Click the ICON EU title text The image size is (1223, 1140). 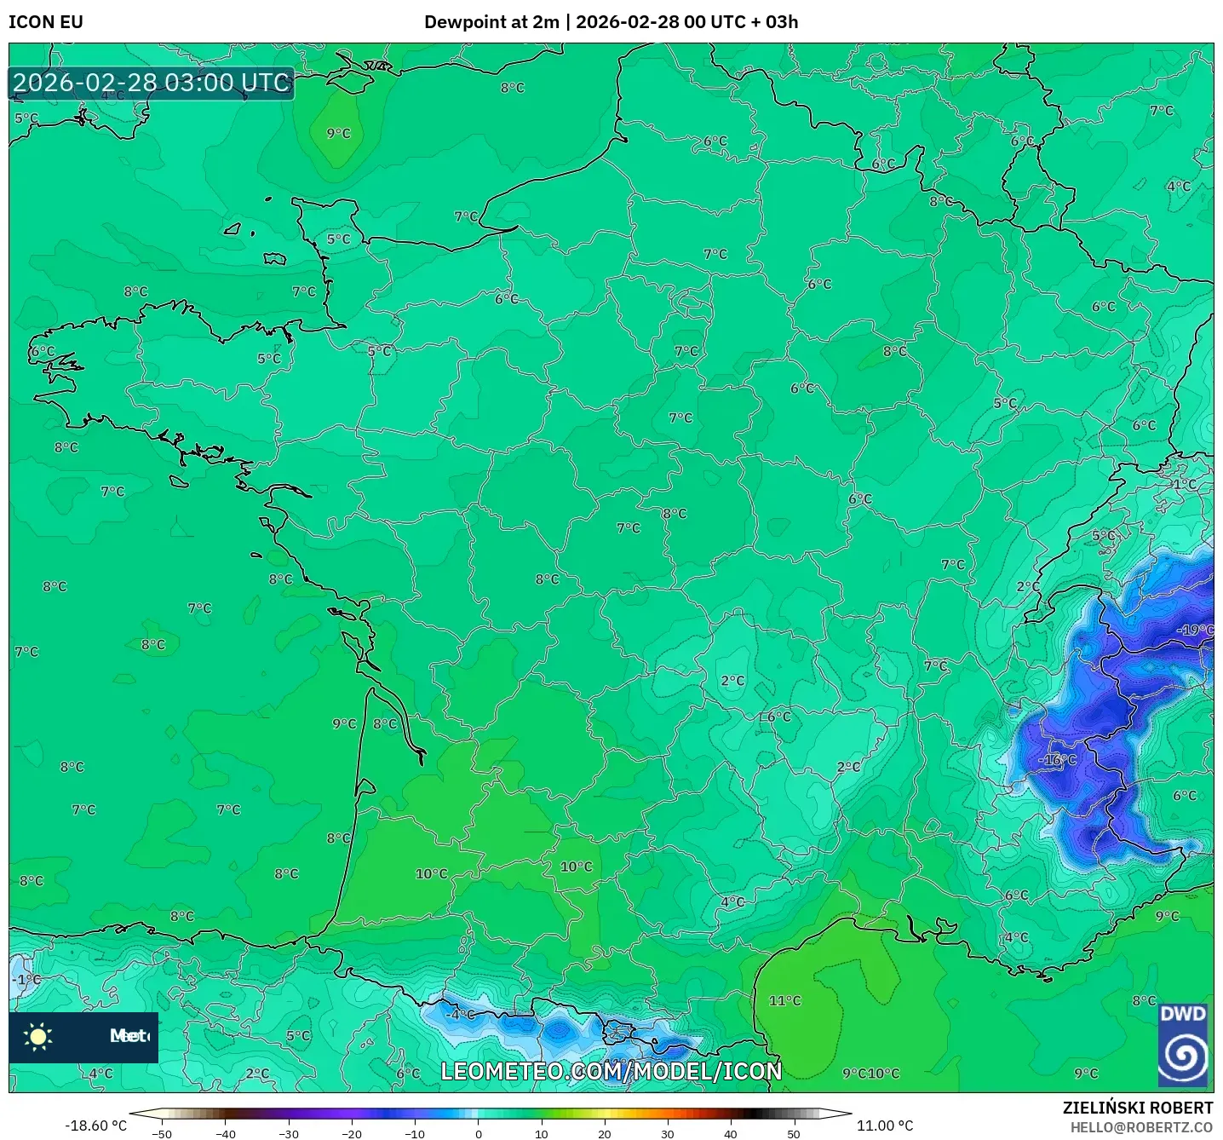46,22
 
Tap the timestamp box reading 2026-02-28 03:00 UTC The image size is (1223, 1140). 152,83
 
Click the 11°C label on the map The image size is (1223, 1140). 784,1000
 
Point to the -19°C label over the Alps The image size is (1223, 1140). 1195,630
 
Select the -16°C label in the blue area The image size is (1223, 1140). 1057,759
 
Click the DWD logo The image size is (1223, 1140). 1183,1045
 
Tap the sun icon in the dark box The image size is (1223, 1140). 38,1036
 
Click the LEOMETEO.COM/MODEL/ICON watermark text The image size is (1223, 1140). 611,1071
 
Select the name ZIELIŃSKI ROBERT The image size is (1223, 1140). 1137,1108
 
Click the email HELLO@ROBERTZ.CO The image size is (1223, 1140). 1141,1127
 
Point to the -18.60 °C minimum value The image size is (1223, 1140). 95,1126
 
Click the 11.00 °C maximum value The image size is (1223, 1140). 885,1126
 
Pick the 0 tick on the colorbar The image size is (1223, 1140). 479,1133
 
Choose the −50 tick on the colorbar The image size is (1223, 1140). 162,1133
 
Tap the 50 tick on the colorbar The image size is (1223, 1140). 794,1133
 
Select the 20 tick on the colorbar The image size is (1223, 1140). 605,1133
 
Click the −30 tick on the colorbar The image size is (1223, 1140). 289,1133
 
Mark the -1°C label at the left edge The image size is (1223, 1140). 27,979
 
